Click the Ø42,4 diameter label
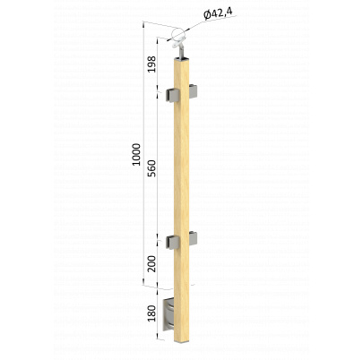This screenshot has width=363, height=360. [x=220, y=13]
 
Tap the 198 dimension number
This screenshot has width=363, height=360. [x=152, y=64]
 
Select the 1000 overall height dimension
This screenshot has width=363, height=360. [x=136, y=155]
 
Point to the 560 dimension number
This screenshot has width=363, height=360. [x=152, y=168]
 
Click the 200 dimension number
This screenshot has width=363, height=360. [x=152, y=263]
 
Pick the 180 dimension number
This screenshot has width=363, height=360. [x=152, y=313]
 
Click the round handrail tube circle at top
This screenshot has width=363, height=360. [x=177, y=34]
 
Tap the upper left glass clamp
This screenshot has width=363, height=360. [x=172, y=95]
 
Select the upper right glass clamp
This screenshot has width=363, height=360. [x=194, y=91]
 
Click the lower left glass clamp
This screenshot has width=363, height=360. [x=172, y=242]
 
